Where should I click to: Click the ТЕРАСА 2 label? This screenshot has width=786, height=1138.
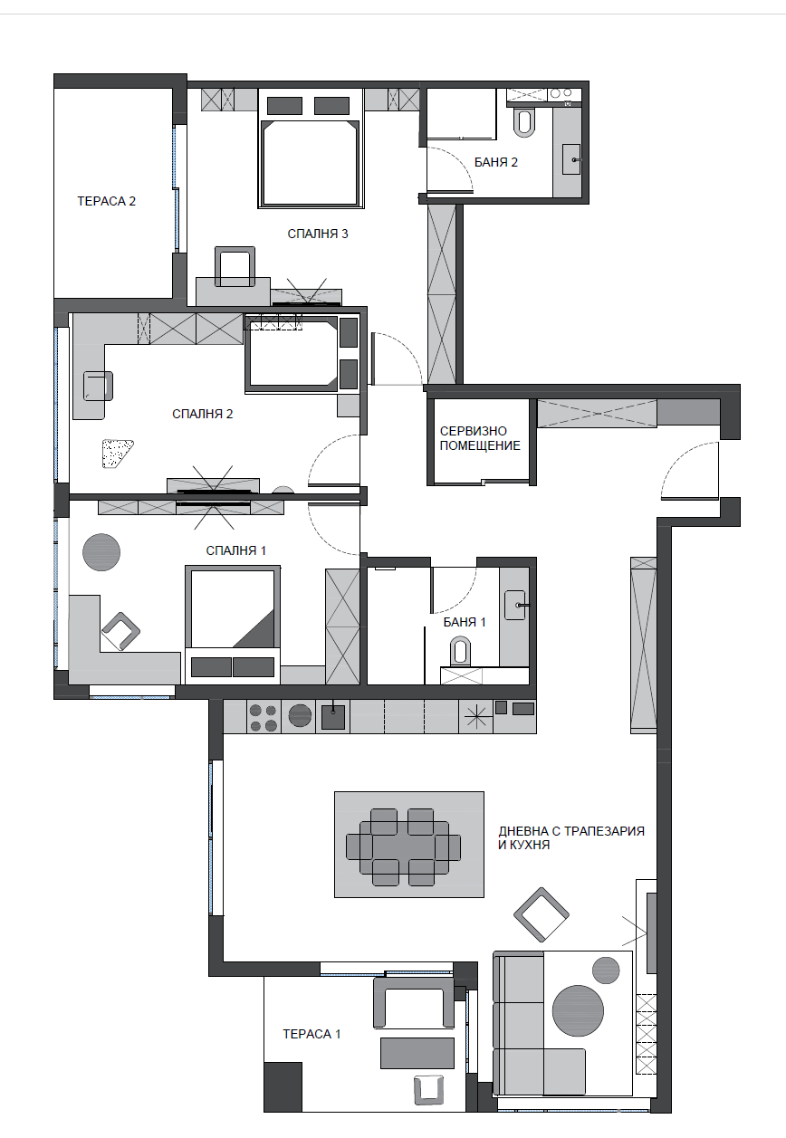(x=106, y=201)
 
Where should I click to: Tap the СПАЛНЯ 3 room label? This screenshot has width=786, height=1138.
(x=318, y=234)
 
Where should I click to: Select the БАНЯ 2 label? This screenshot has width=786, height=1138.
(x=496, y=162)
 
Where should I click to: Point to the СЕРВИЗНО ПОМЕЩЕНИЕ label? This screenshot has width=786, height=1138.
(x=480, y=438)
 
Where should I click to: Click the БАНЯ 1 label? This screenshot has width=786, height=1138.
(x=465, y=622)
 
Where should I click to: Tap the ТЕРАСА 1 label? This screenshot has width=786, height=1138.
(x=312, y=1034)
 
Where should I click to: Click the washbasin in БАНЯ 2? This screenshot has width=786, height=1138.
(x=571, y=159)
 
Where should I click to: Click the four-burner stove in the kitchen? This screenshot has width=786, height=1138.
(x=264, y=717)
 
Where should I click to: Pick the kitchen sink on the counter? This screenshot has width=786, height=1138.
(x=333, y=716)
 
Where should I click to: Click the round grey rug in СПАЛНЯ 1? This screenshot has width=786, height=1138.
(x=101, y=551)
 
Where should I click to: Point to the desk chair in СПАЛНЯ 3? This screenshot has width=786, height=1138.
(x=235, y=266)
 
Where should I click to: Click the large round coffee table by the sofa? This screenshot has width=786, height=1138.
(x=578, y=1010)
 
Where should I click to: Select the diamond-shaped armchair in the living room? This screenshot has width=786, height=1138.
(x=542, y=915)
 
